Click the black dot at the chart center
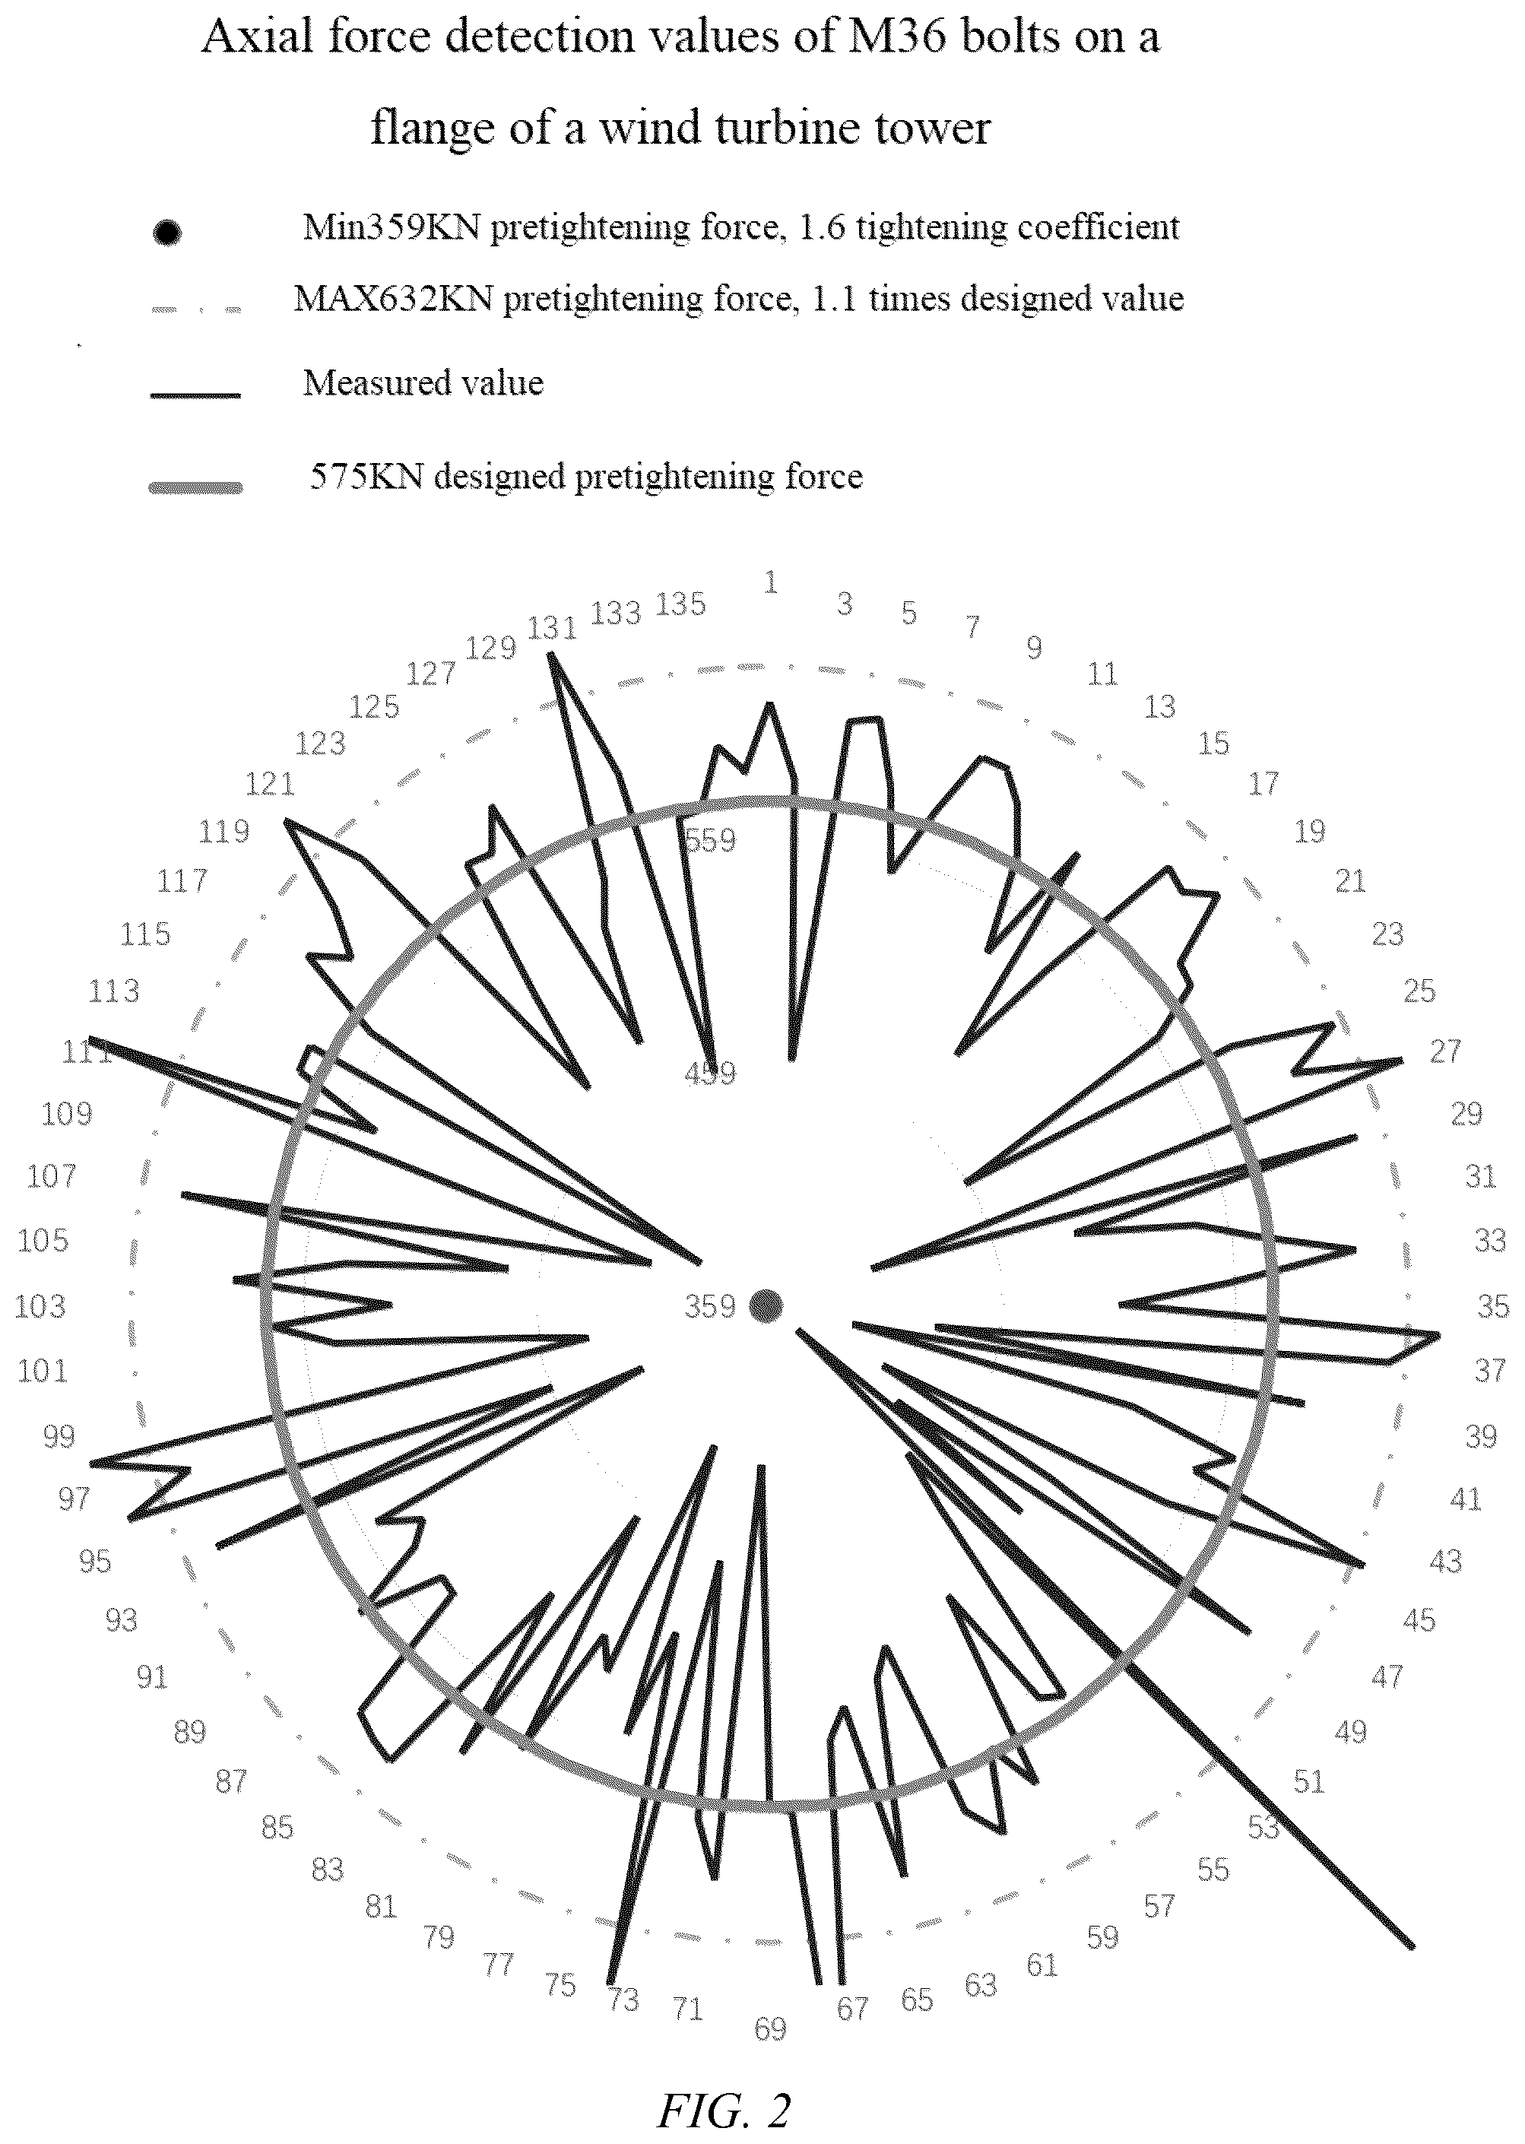pyautogui.click(x=767, y=1305)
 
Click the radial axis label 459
pyautogui.click(x=710, y=1074)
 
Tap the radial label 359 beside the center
pyautogui.click(x=710, y=1306)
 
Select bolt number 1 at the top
pyautogui.click(x=771, y=583)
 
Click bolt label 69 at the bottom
pyautogui.click(x=770, y=2028)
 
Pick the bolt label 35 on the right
pyautogui.click(x=1493, y=1306)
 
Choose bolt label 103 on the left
pyautogui.click(x=40, y=1306)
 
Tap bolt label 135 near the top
pyautogui.click(x=680, y=604)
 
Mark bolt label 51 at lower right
pyautogui.click(x=1309, y=1781)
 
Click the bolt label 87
pyautogui.click(x=231, y=1781)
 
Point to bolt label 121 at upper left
pyautogui.click(x=271, y=784)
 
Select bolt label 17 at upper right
pyautogui.click(x=1264, y=783)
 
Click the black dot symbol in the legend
pyautogui.click(x=166, y=232)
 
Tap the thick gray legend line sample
pyautogui.click(x=195, y=487)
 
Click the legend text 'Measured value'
pyautogui.click(x=423, y=383)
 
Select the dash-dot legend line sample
pyautogui.click(x=195, y=309)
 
